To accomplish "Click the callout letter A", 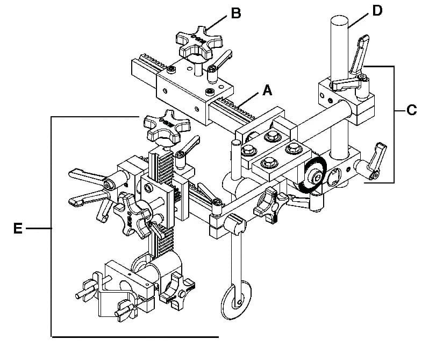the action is click(267, 90).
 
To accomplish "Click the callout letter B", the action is click(236, 13).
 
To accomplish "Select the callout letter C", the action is click(411, 110).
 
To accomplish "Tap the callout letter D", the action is click(377, 11).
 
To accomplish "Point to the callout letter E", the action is click(18, 229).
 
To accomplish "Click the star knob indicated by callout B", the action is click(199, 42).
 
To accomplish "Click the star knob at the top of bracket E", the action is click(167, 126).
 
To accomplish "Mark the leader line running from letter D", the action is click(360, 21).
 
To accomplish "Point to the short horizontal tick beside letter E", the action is click(39, 229).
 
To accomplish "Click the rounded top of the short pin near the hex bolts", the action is click(236, 143).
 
